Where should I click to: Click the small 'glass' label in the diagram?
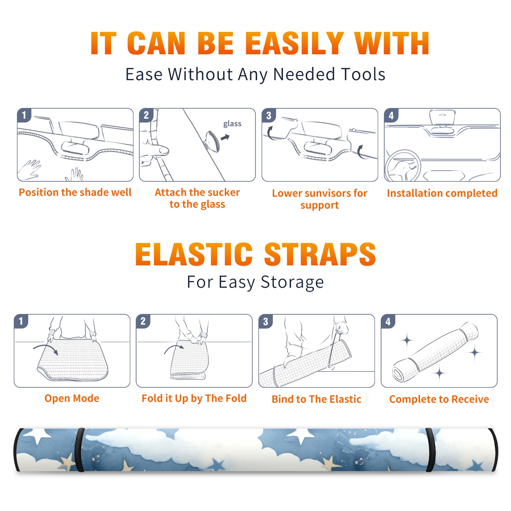(232, 124)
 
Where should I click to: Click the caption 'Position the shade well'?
(75, 192)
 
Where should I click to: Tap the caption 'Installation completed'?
(442, 193)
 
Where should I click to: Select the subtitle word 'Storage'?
(292, 282)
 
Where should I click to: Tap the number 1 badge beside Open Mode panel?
(21, 321)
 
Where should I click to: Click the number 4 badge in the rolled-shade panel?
(388, 321)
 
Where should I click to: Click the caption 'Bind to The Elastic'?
(317, 399)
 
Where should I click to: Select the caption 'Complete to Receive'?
(439, 399)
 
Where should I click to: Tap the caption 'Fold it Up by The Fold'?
(194, 398)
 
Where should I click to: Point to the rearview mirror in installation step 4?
(442, 117)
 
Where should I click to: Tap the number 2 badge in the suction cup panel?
(146, 115)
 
